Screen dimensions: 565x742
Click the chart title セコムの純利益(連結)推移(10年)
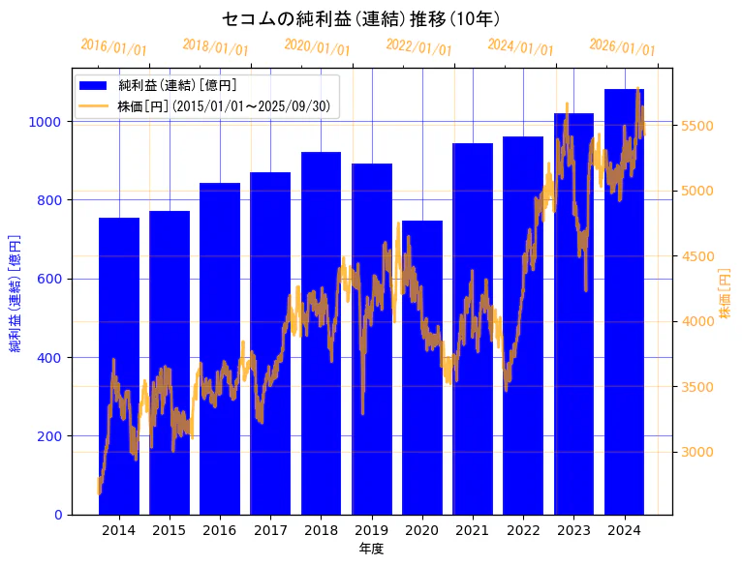tap(360, 18)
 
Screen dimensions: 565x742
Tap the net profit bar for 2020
tap(422, 368)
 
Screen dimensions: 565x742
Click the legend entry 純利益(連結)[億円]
tap(184, 86)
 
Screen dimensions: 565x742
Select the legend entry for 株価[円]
tap(228, 105)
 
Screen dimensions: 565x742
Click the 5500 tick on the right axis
tap(697, 126)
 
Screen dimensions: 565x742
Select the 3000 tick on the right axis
tap(697, 452)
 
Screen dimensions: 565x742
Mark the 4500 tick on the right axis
tap(697, 256)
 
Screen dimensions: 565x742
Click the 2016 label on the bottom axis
tap(220, 530)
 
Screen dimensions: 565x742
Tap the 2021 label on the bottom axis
tap(473, 530)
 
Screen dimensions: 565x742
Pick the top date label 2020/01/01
tap(317, 46)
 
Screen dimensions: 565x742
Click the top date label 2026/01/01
tap(622, 46)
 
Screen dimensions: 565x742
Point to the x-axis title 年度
tap(371, 549)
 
